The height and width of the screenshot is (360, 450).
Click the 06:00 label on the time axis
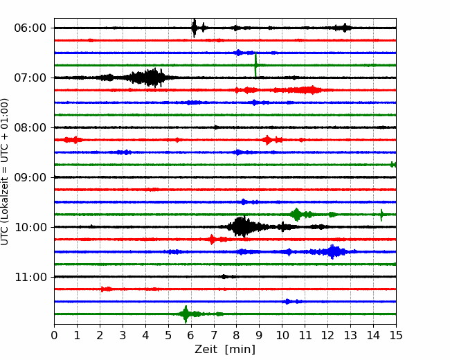tap(30, 28)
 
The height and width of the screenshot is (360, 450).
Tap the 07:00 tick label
tap(30, 78)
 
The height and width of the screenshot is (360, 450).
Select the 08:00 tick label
tap(30, 127)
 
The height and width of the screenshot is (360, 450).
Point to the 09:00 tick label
tap(30, 177)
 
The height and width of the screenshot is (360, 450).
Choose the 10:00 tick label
tap(30, 227)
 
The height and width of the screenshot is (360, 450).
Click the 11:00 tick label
tap(30, 277)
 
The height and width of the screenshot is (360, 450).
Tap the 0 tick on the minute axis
tap(54, 335)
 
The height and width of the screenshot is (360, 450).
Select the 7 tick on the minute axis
tap(214, 335)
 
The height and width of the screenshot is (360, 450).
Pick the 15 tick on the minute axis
tap(396, 335)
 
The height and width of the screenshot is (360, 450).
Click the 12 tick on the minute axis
tap(327, 335)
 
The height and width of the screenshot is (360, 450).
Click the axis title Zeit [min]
tap(225, 350)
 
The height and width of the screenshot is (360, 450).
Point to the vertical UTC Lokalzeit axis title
tap(5, 172)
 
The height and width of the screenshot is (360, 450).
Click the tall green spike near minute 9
tap(255, 65)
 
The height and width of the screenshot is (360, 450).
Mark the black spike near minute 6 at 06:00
tap(195, 28)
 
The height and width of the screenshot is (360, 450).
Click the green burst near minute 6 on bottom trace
tap(186, 314)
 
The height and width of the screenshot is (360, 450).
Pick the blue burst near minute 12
tap(333, 252)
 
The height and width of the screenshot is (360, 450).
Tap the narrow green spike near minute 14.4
tap(381, 215)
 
